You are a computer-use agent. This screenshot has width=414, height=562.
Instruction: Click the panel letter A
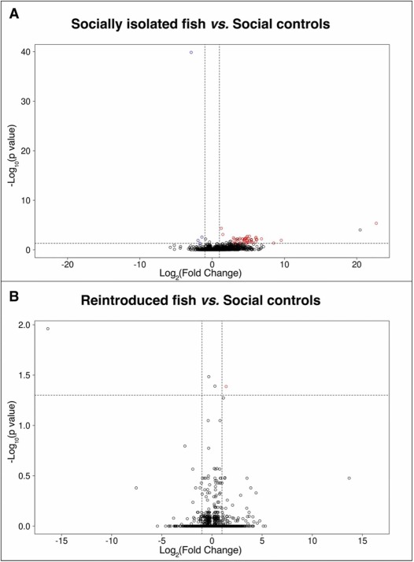click(14, 14)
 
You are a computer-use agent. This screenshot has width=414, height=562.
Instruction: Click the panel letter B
click(14, 297)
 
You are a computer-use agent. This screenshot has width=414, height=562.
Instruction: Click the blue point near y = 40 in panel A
click(191, 52)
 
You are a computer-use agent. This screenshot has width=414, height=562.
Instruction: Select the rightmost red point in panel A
click(376, 223)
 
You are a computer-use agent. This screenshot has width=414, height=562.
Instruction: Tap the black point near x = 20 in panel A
click(360, 229)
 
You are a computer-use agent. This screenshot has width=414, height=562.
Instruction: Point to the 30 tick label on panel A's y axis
click(26, 102)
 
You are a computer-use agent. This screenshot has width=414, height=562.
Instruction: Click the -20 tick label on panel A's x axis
click(67, 265)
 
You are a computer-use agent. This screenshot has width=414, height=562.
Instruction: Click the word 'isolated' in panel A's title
click(181, 24)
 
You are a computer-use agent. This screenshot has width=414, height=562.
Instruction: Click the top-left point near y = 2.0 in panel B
click(47, 329)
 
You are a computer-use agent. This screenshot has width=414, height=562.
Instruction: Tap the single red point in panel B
click(226, 386)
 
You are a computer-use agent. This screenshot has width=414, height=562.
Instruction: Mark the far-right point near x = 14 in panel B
click(349, 478)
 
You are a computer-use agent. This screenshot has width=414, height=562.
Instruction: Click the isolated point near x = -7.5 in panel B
click(136, 488)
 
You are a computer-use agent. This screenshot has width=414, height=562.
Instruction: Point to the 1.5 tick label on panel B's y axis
click(24, 375)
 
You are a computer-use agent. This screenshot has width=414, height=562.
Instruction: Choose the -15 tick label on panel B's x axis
click(61, 541)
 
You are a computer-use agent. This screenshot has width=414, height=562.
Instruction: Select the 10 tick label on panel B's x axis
click(312, 541)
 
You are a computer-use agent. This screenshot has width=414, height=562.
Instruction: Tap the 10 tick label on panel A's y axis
click(26, 200)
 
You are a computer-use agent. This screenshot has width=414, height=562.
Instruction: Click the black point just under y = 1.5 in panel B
click(209, 377)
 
